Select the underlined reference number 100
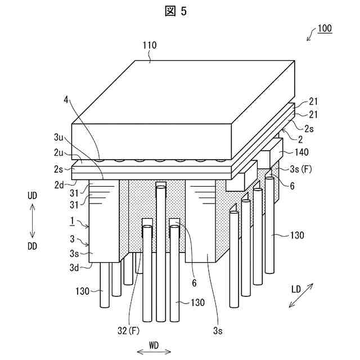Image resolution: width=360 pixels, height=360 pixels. [325, 28]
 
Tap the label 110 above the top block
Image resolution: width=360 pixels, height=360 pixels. [149, 46]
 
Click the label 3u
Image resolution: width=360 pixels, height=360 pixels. [58, 137]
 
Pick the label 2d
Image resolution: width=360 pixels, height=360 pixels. [58, 183]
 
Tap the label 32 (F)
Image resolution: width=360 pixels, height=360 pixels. [128, 331]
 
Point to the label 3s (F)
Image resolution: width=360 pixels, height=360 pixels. [297, 166]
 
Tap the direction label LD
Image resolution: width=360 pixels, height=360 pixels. [296, 290]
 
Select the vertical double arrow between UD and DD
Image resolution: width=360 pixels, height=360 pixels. [32, 221]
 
